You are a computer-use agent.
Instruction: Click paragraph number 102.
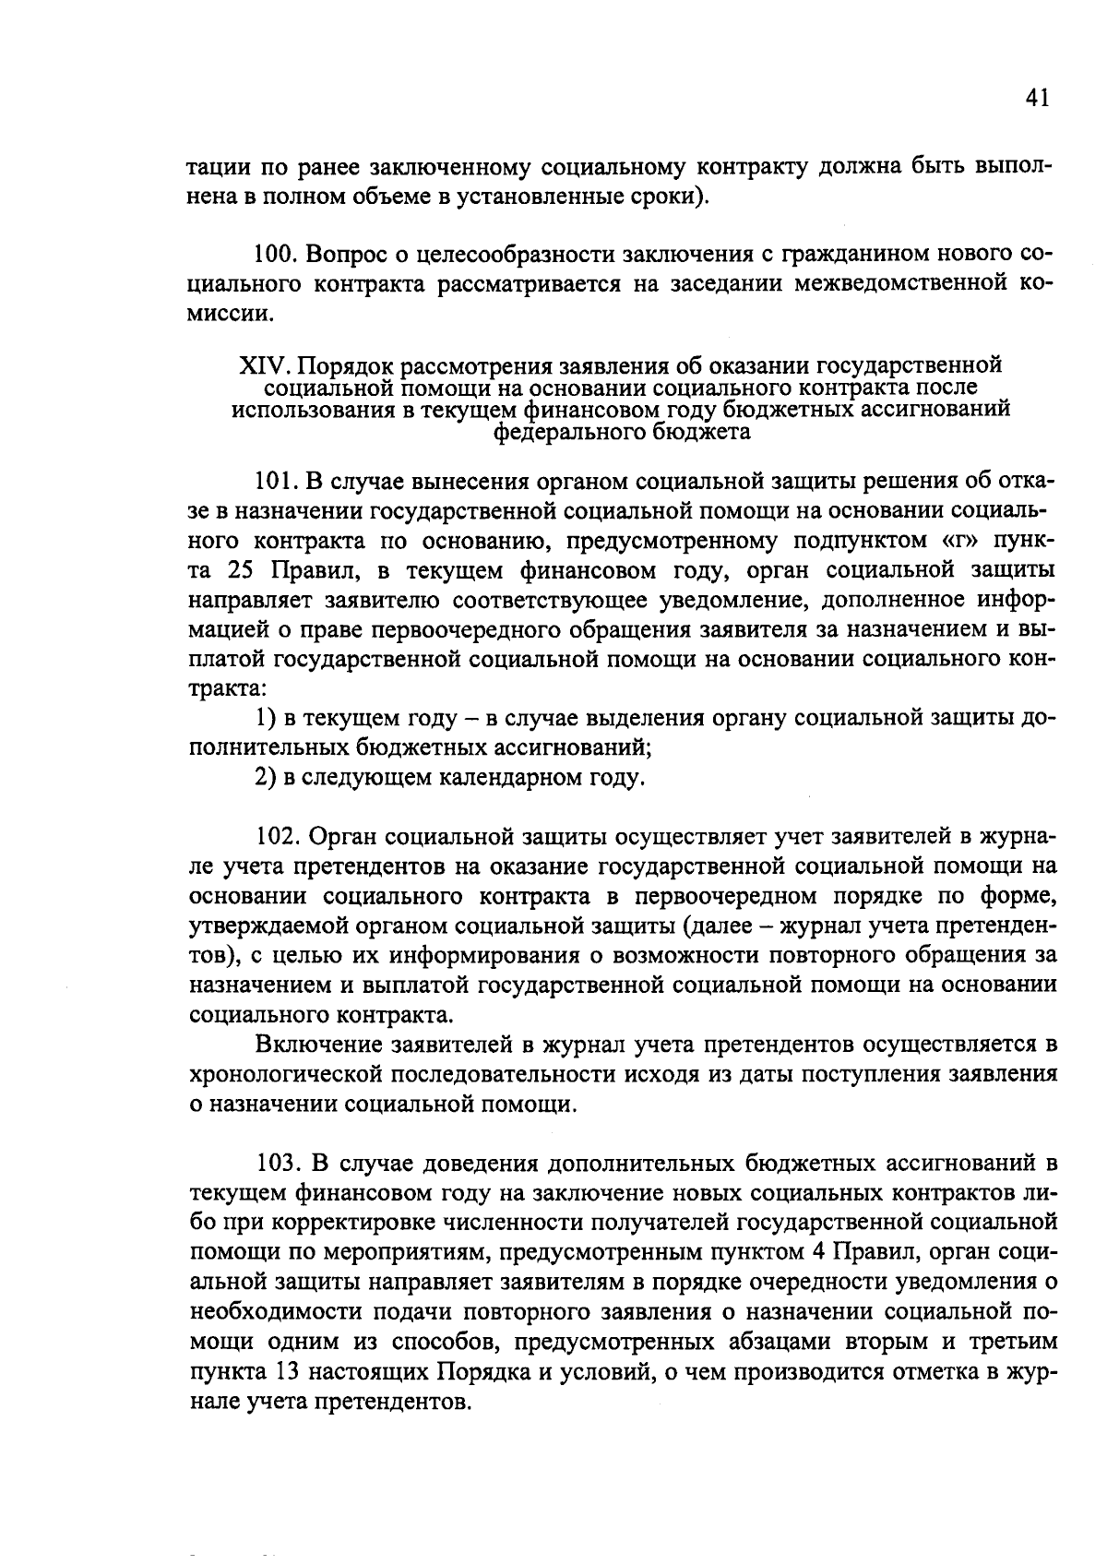click(x=275, y=837)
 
